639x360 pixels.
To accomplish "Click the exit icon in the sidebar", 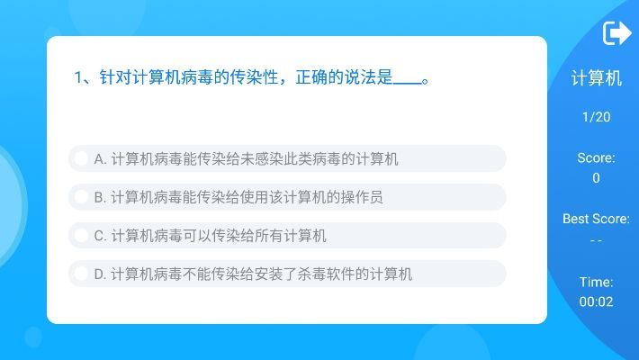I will pos(616,33).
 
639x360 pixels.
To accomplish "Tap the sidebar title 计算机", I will pos(596,78).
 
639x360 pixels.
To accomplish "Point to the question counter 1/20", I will pos(596,117).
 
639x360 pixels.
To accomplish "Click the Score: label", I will pos(596,158).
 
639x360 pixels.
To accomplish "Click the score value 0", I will pos(596,178).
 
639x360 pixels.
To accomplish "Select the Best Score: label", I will pos(596,219).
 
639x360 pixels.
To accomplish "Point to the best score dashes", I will pos(596,240).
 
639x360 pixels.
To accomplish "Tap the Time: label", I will pos(596,282).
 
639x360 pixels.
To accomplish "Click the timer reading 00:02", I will pos(596,301).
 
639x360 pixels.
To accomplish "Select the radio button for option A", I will pos(81,159).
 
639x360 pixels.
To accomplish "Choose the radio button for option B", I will pos(81,197).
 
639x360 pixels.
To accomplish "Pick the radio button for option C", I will pos(81,236).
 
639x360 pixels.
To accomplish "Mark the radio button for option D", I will pos(81,274).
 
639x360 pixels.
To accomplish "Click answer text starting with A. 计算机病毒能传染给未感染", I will pos(246,159).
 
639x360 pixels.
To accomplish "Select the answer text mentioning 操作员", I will pos(238,197).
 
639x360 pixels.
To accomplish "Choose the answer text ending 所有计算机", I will pos(210,236).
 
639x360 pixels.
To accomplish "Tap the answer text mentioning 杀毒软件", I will pos(253,274).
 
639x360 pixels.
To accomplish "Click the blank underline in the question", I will pos(407,79).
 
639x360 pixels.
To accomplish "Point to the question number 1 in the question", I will pos(78,78).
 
